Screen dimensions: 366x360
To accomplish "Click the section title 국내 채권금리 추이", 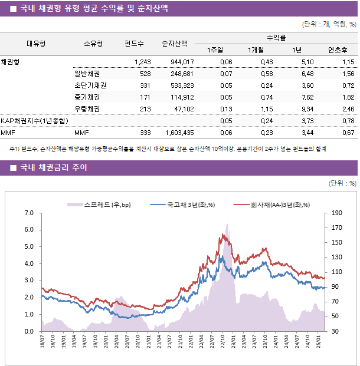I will coord(53,168).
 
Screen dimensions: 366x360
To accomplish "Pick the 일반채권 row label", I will coord(87,74).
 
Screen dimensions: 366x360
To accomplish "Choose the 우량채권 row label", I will coord(87,109).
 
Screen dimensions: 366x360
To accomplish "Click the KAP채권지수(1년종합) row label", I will coord(34,121).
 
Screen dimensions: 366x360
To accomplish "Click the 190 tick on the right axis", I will coord(337,213).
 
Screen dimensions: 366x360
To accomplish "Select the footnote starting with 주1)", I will coord(168,149).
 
